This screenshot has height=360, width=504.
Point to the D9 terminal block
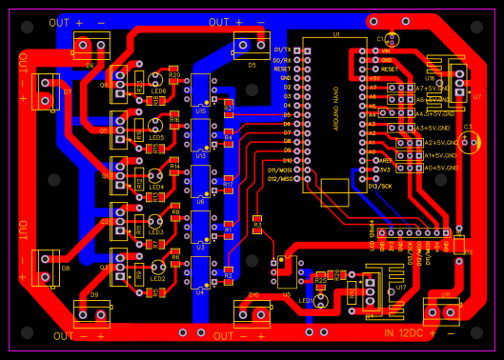pos(92,310)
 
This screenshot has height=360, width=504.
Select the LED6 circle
pos(155,81)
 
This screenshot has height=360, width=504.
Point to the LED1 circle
pos(321,300)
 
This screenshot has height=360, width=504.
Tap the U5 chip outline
pos(287,274)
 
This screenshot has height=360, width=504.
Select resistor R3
pos(257,225)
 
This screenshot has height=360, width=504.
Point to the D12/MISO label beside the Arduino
pos(280,179)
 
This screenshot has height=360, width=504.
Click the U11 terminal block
pos(441,310)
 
